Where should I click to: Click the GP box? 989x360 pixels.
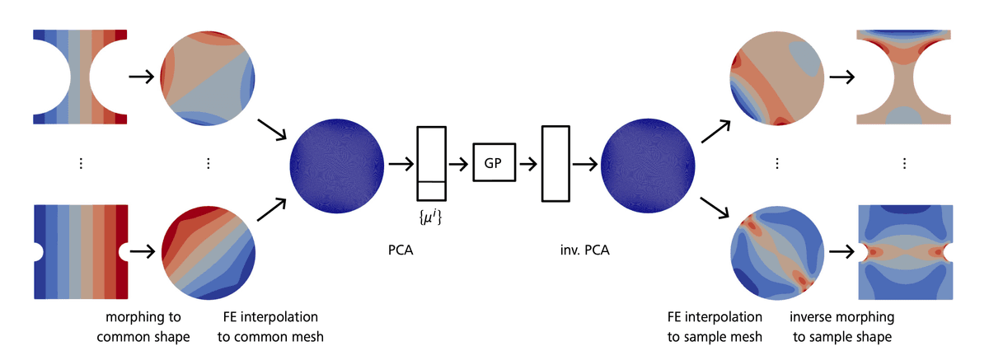[x=493, y=162]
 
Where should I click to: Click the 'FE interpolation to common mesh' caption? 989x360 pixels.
[x=270, y=326]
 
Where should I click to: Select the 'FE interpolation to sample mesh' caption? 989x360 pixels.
[x=715, y=326]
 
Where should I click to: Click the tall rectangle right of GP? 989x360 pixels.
[x=555, y=163]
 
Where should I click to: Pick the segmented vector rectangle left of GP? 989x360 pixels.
[x=431, y=163]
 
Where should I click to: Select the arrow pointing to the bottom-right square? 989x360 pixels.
[x=840, y=250]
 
